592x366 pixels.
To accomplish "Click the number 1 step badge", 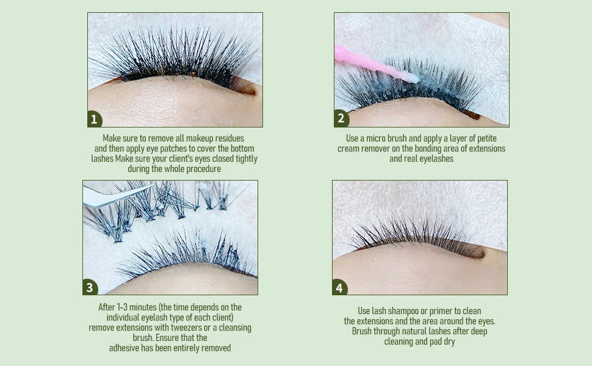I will (94, 120).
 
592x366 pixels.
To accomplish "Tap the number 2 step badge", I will (341, 119).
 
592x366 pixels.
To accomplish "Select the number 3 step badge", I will (90, 287).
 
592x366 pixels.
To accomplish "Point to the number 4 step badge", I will (339, 287).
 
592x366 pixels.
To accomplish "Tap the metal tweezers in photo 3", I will (113, 195).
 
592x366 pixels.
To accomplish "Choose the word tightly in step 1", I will (244, 159).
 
